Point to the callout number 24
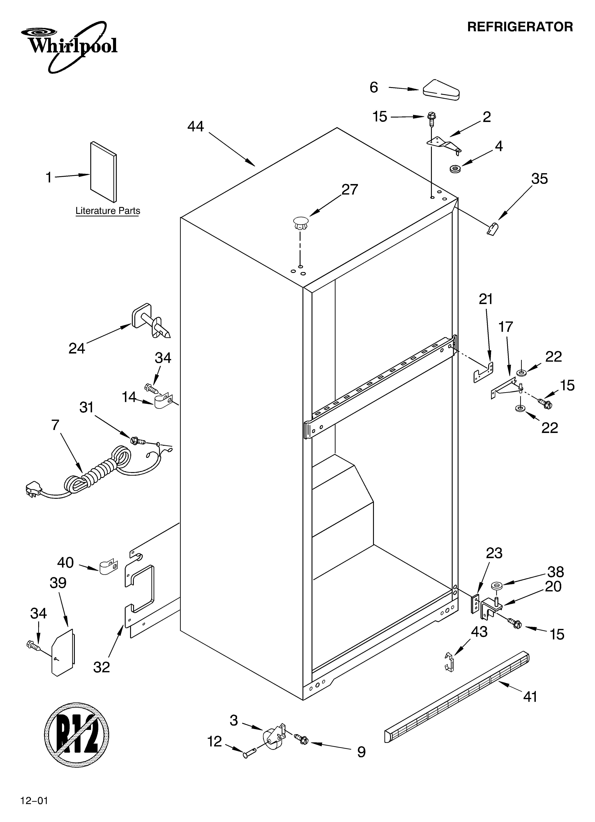pyautogui.click(x=77, y=348)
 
